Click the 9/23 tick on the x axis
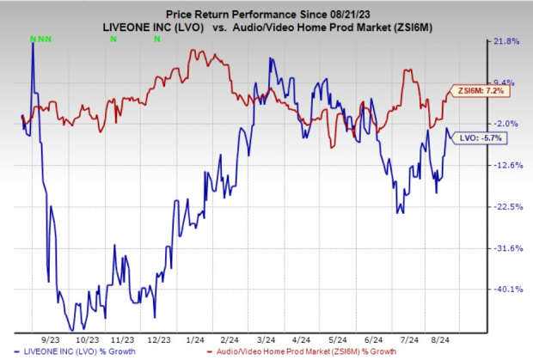click(47, 339)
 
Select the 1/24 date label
click(194, 339)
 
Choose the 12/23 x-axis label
click(157, 339)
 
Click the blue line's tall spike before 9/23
click(34, 44)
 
